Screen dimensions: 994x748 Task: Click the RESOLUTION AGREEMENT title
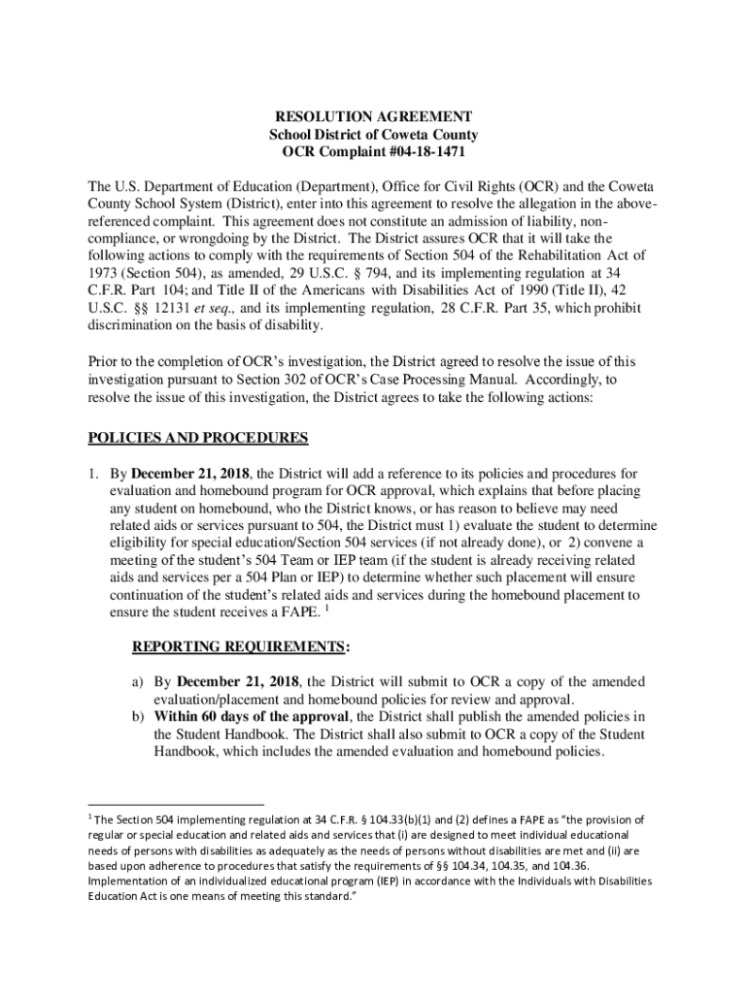pos(373,116)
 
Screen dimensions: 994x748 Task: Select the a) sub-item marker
pos(139,681)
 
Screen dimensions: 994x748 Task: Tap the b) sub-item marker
pos(139,716)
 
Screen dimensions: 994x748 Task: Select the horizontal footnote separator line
pos(176,805)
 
